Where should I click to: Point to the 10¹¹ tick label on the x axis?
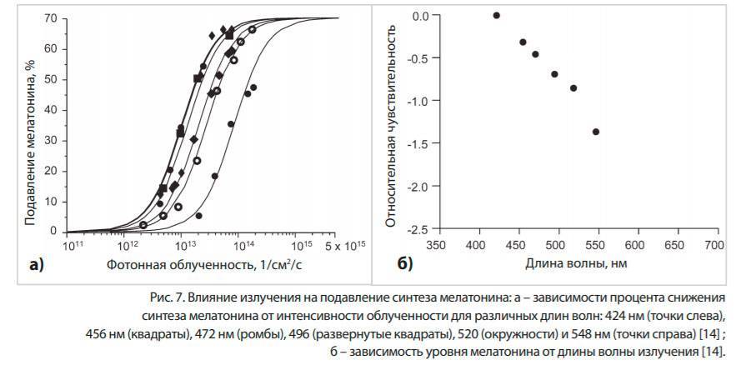point(75,247)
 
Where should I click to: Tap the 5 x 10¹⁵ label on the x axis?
point(344,247)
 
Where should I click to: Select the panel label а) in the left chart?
point(37,267)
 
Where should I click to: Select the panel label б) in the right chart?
point(403,266)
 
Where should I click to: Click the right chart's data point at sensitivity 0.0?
point(497,15)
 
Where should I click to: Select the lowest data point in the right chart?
point(596,132)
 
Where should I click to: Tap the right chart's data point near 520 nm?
point(573,88)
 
